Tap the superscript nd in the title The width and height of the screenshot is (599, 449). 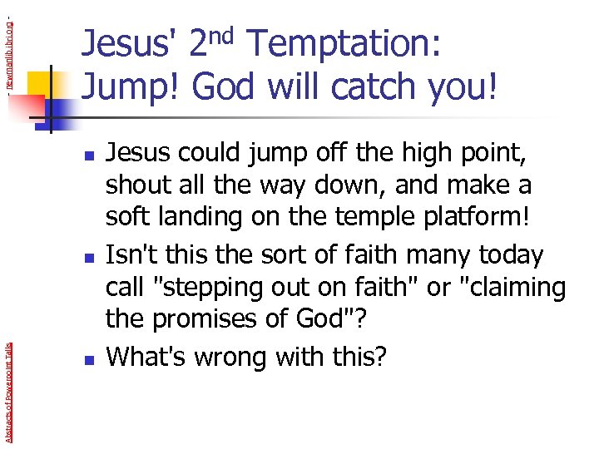coord(228,35)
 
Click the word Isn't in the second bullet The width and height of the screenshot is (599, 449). coord(131,254)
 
